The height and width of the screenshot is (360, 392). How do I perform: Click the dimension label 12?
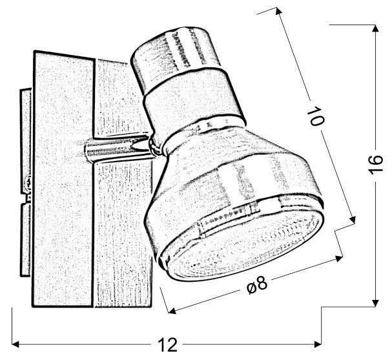pyautogui.click(x=168, y=344)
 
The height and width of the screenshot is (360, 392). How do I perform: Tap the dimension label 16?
pyautogui.click(x=375, y=164)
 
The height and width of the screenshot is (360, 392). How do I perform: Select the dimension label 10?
pyautogui.click(x=316, y=116)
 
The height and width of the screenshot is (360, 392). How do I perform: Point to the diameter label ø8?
pyautogui.click(x=257, y=286)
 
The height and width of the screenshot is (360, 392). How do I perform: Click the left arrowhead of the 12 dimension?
pyautogui.click(x=15, y=344)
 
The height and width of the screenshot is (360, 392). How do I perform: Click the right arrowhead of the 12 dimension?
pyautogui.click(x=318, y=344)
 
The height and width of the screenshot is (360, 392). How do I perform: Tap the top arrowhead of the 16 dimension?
pyautogui.click(x=375, y=28)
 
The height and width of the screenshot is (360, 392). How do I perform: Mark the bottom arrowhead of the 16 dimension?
pyautogui.click(x=375, y=302)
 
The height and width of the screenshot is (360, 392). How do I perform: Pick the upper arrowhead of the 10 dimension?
pyautogui.click(x=278, y=11)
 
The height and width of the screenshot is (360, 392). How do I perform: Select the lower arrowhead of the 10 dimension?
pyautogui.click(x=352, y=220)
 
